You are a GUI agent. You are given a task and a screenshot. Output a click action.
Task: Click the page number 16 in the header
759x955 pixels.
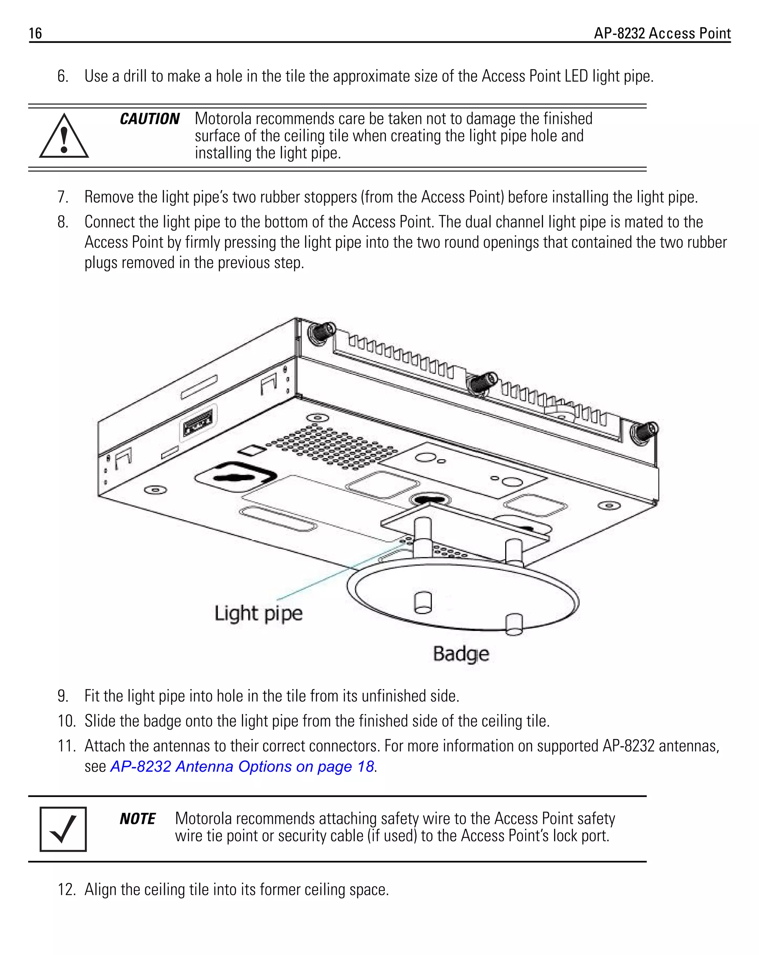click(35, 33)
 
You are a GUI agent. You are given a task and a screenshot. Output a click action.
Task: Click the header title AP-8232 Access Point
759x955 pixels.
click(662, 33)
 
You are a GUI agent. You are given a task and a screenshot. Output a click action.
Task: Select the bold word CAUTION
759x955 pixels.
click(149, 119)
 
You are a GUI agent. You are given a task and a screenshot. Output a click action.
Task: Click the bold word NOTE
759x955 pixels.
click(137, 819)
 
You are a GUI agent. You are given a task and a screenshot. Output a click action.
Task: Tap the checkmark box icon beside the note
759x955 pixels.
click(63, 829)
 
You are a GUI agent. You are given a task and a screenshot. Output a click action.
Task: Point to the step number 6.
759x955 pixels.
click(63, 76)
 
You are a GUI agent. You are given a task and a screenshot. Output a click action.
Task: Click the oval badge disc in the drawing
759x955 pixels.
click(463, 596)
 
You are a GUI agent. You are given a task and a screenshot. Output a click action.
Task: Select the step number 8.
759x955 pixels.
click(63, 222)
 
